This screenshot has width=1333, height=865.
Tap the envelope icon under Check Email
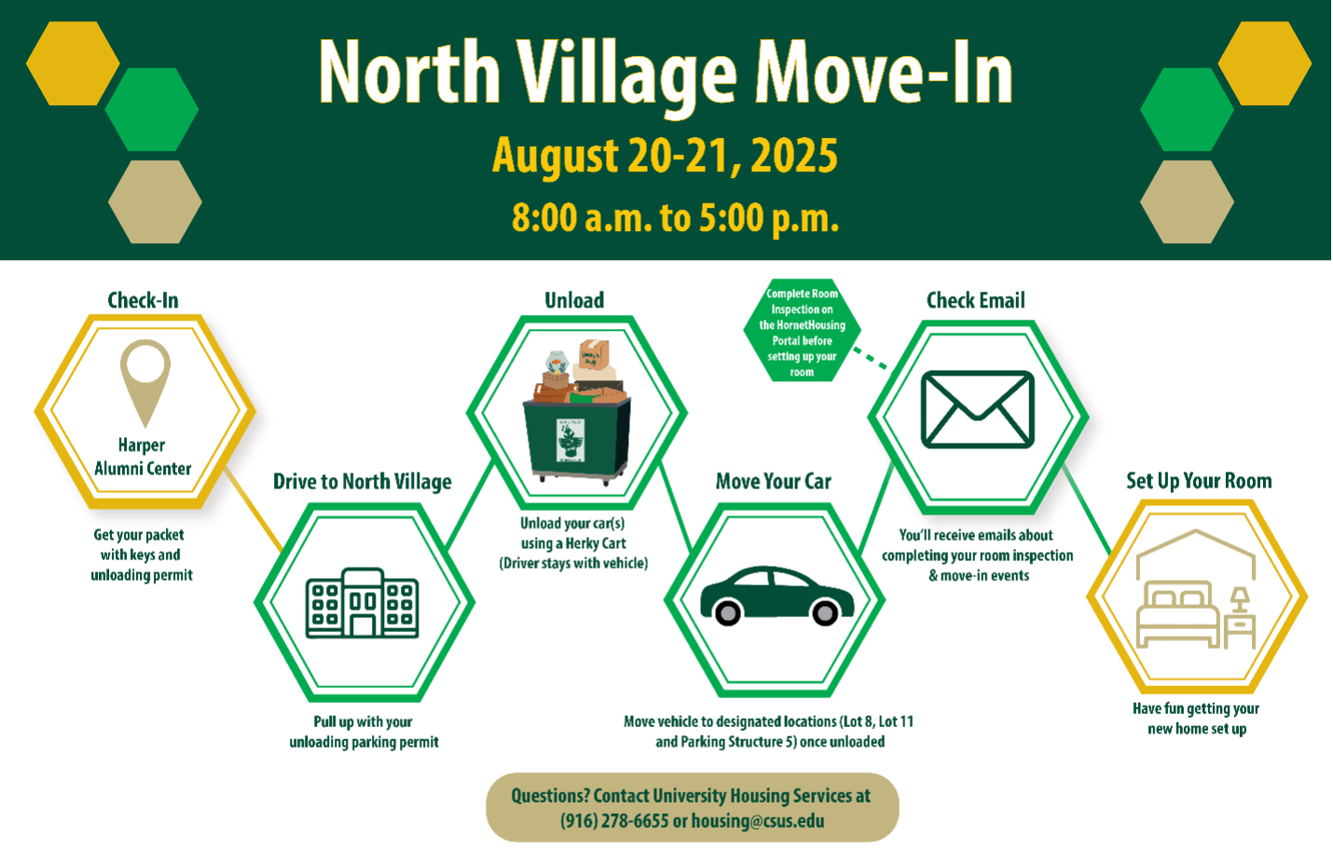[x=977, y=409]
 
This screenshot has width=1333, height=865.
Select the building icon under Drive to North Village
[x=363, y=603]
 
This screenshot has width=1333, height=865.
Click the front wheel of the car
[x=825, y=611]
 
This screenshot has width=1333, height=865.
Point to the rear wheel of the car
[x=727, y=611]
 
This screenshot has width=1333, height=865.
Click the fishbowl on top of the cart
[x=557, y=362]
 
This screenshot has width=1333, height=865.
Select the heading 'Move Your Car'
[x=773, y=481]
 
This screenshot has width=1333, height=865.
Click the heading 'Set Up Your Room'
[x=1199, y=481]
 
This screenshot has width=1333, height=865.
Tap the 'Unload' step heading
[x=574, y=300]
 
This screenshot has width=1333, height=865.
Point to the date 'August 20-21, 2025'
[x=666, y=156]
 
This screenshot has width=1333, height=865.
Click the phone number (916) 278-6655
[x=614, y=821]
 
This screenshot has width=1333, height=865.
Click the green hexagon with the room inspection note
[x=802, y=331]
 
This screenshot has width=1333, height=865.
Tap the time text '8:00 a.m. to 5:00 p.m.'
[x=676, y=218]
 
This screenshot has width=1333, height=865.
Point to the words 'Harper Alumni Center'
[x=143, y=457]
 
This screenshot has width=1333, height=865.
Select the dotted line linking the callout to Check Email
[x=870, y=358]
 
